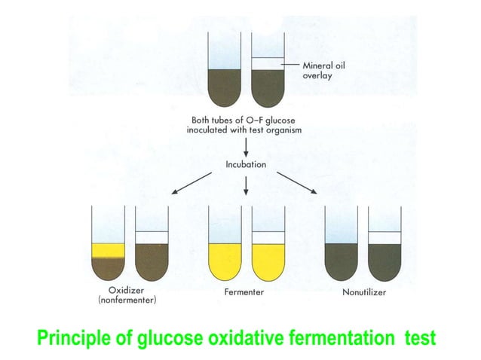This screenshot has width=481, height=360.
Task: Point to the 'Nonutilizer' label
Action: point(365,291)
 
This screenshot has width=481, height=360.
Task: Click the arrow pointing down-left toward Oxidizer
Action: point(191,183)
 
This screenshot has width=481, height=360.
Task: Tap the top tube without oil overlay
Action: point(224,83)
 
